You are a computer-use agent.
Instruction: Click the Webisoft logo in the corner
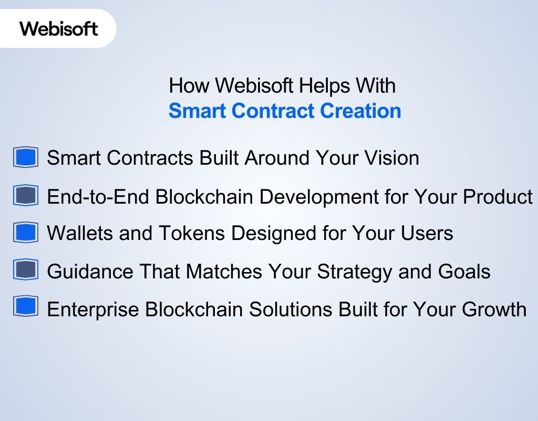tap(59, 28)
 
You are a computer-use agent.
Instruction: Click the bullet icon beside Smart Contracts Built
tap(26, 157)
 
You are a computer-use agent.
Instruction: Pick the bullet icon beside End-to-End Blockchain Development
tap(26, 196)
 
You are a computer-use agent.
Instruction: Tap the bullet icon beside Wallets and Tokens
tap(26, 232)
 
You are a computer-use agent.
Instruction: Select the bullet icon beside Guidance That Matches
tap(26, 270)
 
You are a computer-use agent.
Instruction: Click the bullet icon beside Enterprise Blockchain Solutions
tap(26, 307)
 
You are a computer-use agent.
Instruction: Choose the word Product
tap(498, 197)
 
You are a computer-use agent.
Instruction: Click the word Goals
tap(464, 272)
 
